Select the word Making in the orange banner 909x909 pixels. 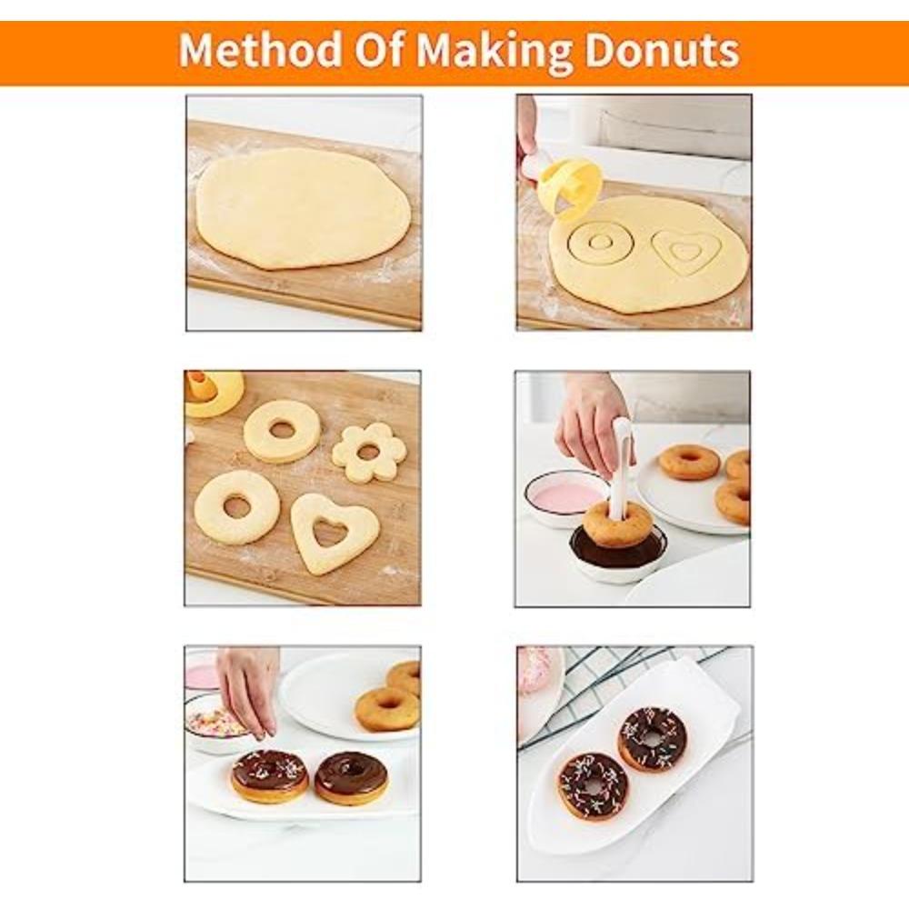click(494, 51)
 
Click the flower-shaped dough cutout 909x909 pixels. click(367, 452)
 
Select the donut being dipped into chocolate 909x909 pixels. click(618, 525)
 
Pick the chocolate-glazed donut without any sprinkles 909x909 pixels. click(351, 778)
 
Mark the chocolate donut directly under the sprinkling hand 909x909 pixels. click(269, 775)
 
